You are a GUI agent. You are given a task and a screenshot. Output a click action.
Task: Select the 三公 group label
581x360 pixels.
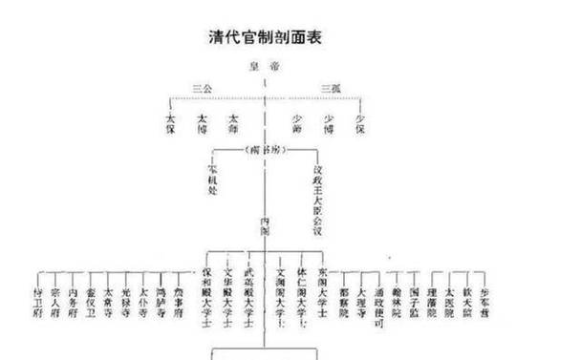coord(201,87)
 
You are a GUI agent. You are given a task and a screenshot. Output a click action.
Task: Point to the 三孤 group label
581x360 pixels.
coord(330,87)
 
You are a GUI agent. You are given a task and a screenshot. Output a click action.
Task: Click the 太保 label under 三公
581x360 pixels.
coord(171,125)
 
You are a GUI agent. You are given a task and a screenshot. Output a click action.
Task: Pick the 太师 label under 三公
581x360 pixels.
coord(231,125)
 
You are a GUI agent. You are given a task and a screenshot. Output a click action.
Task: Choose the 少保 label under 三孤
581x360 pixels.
coord(359,125)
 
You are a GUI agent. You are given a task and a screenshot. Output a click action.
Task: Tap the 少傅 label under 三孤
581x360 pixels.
coord(329,125)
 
